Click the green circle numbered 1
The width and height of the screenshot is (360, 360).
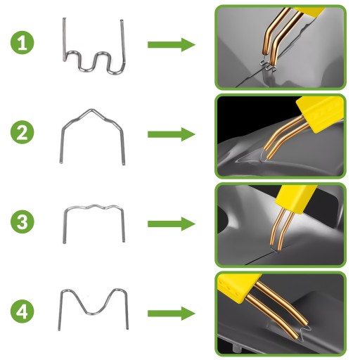click(22, 43)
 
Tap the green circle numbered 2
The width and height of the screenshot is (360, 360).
click(22, 132)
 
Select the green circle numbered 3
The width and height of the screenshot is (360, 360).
click(22, 221)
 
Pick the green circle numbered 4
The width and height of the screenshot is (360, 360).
click(22, 311)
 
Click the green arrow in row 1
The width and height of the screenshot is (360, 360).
click(172, 44)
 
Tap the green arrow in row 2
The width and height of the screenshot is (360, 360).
click(172, 134)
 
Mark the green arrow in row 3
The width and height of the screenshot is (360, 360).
click(172, 224)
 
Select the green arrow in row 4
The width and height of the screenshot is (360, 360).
click(172, 314)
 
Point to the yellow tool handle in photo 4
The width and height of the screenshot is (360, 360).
click(237, 287)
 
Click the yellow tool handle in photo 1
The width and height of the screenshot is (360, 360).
click(309, 12)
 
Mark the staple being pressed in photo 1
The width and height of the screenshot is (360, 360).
click(268, 66)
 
